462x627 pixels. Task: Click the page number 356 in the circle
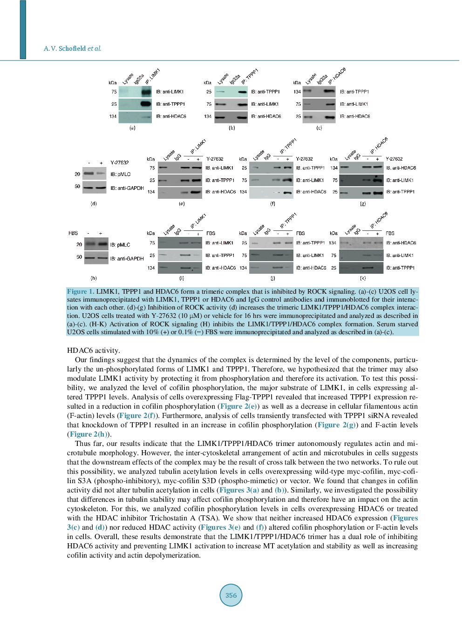tap(231, 595)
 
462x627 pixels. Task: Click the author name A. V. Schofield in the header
tap(65, 48)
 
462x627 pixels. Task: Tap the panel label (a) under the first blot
tap(132, 128)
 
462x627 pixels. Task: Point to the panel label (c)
tap(319, 128)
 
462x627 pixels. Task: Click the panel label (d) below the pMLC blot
tap(94, 203)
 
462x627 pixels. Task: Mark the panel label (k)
tap(363, 278)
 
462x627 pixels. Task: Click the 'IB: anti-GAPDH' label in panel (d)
tap(127, 188)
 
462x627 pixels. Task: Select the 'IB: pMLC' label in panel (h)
tap(120, 245)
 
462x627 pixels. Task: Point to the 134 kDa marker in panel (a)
tap(113, 116)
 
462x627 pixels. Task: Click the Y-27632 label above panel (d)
tap(120, 162)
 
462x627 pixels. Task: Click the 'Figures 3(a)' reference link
tap(239, 490)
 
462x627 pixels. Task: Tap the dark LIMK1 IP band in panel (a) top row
tap(146, 92)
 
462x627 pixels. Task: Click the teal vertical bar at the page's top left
tap(23, 29)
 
